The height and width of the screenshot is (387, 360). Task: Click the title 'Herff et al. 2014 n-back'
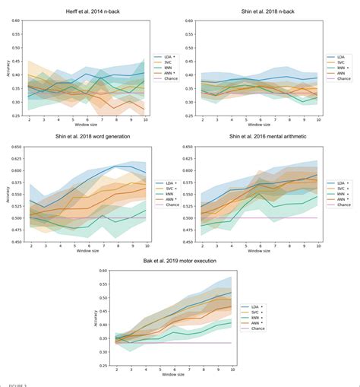point(87,13)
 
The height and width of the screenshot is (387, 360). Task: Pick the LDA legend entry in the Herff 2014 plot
point(165,57)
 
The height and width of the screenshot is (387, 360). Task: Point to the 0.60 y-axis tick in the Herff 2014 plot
point(16,21)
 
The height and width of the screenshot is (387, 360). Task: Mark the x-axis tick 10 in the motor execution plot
point(231,367)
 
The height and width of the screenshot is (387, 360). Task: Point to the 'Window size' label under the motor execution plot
point(175,373)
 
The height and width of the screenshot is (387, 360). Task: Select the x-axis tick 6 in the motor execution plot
point(175,367)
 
